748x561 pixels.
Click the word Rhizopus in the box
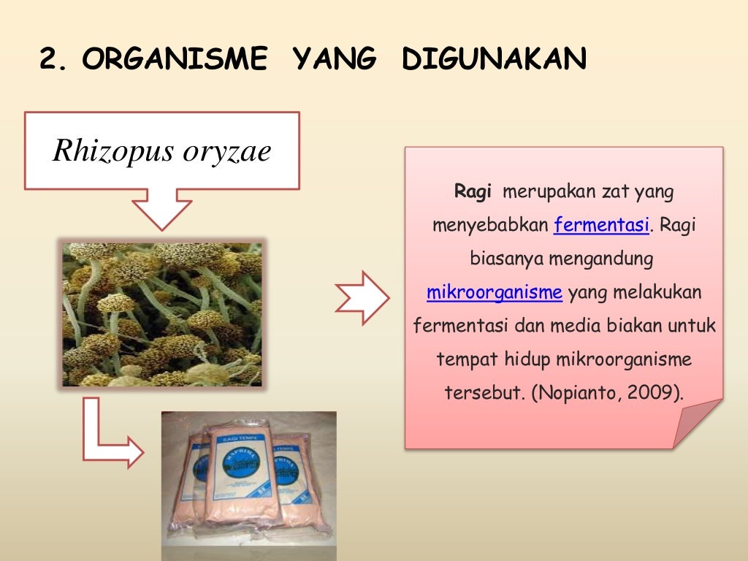pos(111,151)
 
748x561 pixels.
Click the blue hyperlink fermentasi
pos(601,226)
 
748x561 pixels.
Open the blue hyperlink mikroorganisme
pos(495,293)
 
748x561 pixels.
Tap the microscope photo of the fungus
pos(161,314)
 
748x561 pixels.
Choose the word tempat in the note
pos(469,359)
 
